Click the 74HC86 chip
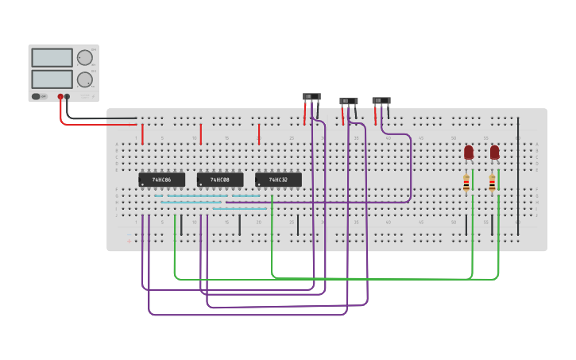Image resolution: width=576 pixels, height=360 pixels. click(x=161, y=180)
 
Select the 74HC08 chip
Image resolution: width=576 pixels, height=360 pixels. click(x=220, y=180)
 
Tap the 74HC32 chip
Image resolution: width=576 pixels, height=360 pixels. click(x=278, y=180)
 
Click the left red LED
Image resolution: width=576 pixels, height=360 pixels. click(x=469, y=151)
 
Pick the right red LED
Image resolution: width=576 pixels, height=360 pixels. click(x=494, y=151)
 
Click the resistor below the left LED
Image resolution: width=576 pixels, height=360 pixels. click(x=466, y=184)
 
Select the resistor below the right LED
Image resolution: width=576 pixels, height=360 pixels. click(x=492, y=184)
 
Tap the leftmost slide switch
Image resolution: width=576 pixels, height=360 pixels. click(x=311, y=97)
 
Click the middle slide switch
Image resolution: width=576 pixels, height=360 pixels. click(x=349, y=102)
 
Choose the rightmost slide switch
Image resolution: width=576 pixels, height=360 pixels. click(x=381, y=101)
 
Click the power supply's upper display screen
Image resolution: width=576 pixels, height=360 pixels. click(x=52, y=58)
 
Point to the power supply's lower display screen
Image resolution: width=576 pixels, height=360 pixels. click(x=52, y=79)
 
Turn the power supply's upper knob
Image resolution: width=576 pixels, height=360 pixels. click(x=84, y=58)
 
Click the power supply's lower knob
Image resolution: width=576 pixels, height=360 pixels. click(x=84, y=79)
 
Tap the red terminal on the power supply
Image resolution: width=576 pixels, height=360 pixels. click(x=60, y=97)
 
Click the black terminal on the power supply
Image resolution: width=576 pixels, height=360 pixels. click(x=68, y=97)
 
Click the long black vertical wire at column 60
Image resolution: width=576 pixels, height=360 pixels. click(x=518, y=171)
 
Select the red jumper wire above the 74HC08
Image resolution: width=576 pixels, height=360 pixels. click(x=201, y=134)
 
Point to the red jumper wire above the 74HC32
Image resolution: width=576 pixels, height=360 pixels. click(x=259, y=134)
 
